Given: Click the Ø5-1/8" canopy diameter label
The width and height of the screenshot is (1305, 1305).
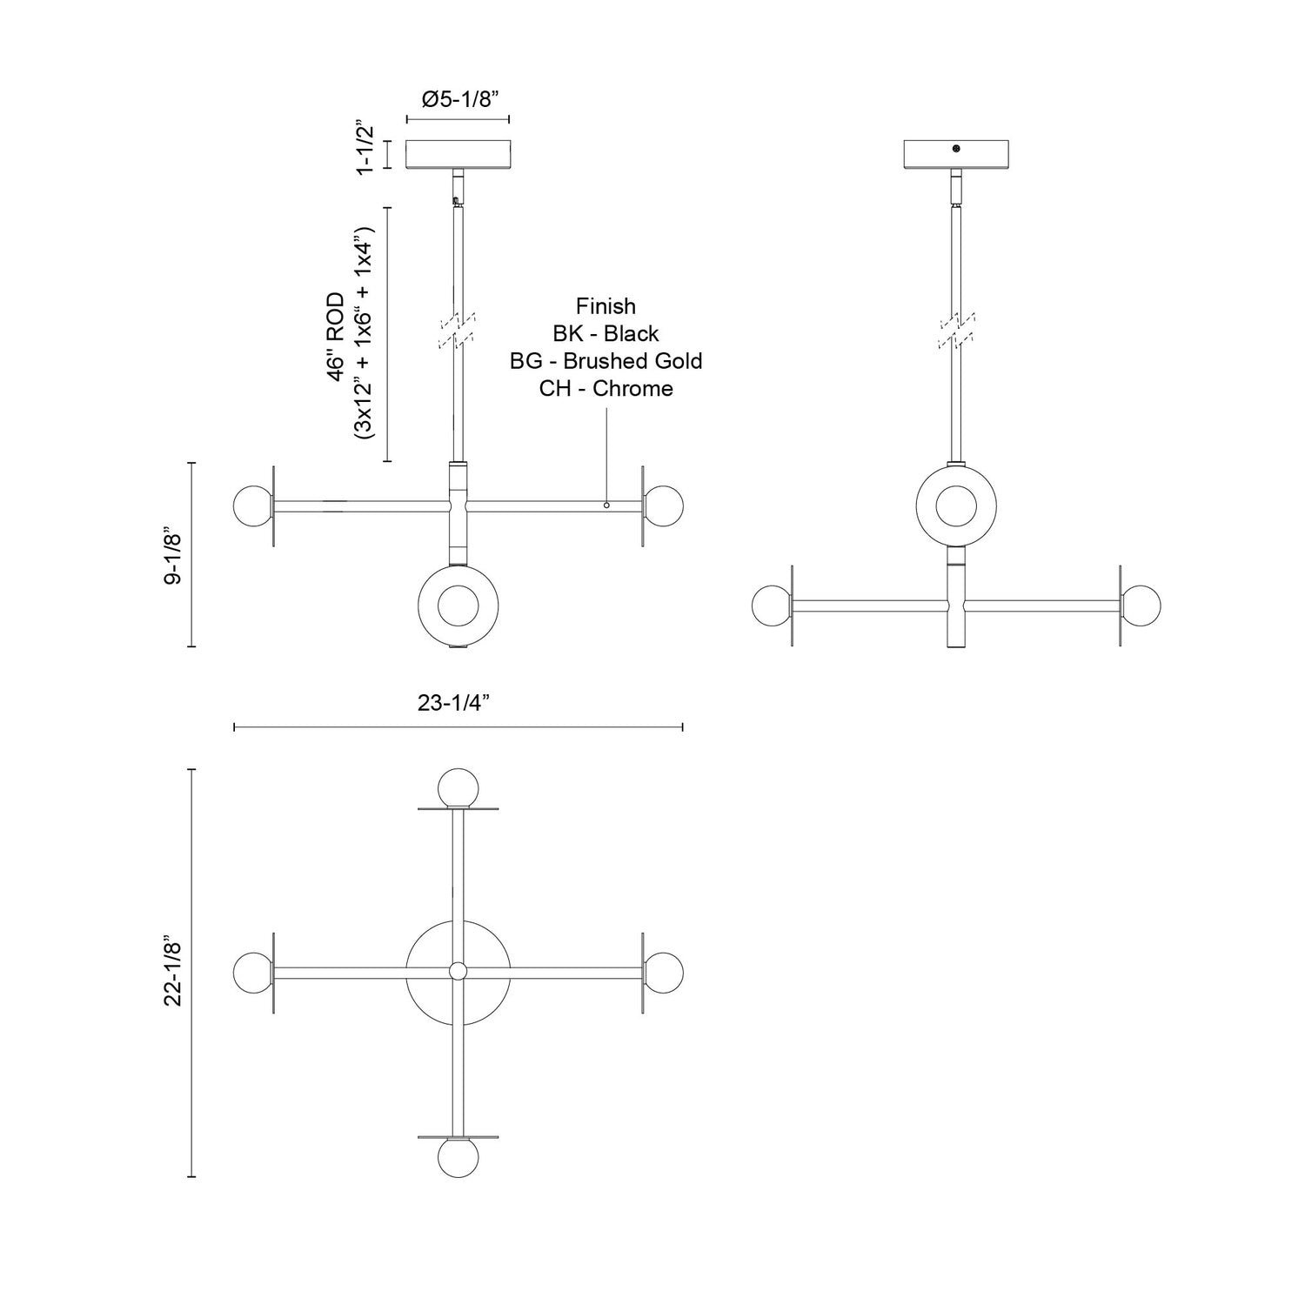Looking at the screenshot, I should click(x=458, y=98).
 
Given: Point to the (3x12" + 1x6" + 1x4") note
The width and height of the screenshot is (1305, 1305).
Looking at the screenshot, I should click(x=365, y=335).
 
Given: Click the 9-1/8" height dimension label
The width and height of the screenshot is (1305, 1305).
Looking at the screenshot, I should click(x=173, y=554).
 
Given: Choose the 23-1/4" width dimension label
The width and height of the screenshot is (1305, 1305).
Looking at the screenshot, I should click(x=458, y=703).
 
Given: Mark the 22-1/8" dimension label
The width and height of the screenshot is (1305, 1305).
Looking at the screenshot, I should click(x=173, y=973).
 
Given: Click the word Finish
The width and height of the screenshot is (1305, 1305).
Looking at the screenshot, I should click(x=606, y=306).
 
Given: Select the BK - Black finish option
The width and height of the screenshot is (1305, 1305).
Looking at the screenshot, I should click(x=606, y=334).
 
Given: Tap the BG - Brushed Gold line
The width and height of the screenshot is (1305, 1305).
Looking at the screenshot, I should click(x=606, y=361).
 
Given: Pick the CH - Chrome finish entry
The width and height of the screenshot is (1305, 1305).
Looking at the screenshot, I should click(x=606, y=389).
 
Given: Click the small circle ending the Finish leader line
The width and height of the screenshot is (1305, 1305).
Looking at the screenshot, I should click(x=606, y=505).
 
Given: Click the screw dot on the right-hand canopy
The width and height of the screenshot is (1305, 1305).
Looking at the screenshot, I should click(x=955, y=149).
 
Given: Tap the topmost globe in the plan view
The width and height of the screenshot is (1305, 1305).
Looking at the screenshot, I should click(x=458, y=788).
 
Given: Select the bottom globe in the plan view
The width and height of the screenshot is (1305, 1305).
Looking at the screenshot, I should click(x=458, y=1157).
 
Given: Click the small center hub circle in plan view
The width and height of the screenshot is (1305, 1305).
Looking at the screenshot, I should click(x=458, y=971).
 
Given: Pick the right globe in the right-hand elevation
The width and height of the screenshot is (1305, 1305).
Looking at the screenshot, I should click(x=1141, y=605).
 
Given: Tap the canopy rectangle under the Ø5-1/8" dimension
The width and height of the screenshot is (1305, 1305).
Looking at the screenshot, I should click(x=458, y=155).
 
